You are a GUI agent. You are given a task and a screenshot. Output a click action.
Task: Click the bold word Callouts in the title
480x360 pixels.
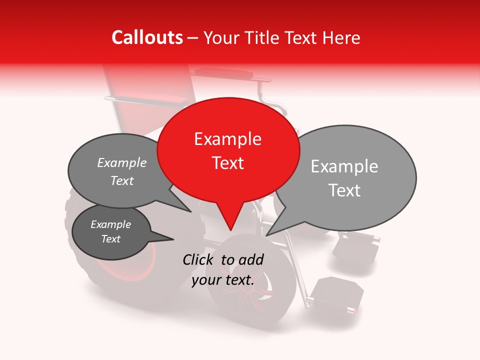click(147, 37)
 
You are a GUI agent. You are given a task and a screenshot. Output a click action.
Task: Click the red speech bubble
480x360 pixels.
click(228, 150)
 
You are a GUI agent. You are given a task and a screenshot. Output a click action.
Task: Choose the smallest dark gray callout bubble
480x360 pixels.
click(111, 232)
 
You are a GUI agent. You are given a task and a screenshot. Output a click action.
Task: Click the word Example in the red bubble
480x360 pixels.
click(228, 139)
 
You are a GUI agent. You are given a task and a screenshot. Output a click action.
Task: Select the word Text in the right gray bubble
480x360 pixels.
click(345, 190)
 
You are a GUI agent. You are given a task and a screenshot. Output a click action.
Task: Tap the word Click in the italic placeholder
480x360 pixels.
click(199, 259)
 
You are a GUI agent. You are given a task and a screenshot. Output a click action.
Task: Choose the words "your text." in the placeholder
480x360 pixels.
click(223, 280)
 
